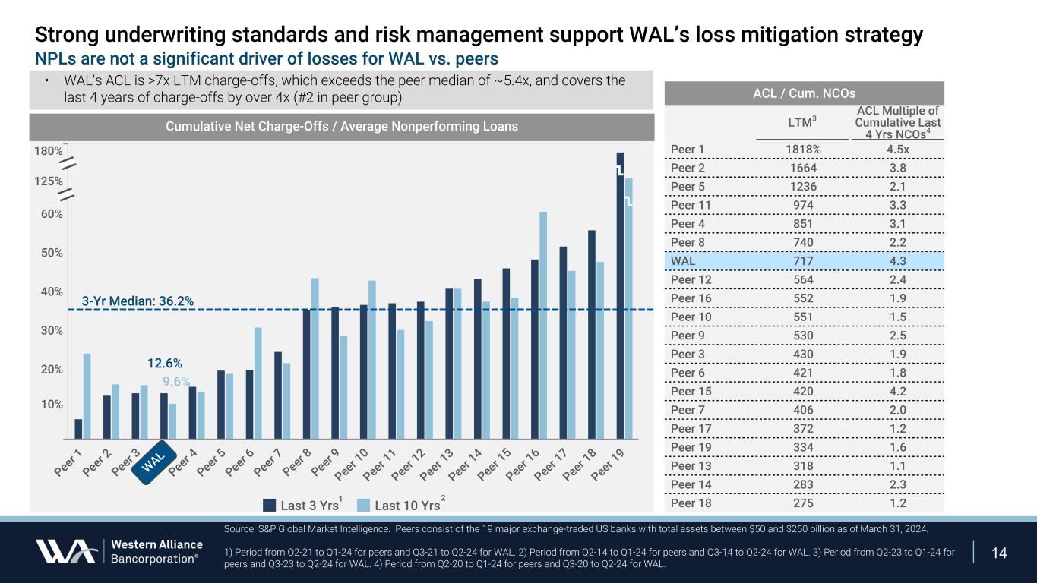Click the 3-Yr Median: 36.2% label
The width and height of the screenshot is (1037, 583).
point(138,301)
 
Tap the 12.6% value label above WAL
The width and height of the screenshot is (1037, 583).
point(165,363)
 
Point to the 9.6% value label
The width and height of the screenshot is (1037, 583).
point(176,382)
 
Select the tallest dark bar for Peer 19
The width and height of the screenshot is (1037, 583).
point(620,296)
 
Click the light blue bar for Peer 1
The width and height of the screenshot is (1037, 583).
point(87,395)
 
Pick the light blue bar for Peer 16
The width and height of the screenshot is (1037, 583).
point(543,324)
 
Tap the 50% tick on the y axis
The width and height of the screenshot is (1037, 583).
point(52,253)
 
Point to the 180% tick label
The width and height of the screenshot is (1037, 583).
point(48,151)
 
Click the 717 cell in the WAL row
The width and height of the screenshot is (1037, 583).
point(802,260)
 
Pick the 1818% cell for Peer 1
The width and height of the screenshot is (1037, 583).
point(802,149)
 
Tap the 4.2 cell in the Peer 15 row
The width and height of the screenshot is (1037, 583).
point(897,391)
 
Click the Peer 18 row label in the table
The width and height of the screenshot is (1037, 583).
point(689,503)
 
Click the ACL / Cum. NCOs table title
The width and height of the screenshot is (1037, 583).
point(803,93)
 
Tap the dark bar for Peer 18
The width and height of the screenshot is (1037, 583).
point(591,334)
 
